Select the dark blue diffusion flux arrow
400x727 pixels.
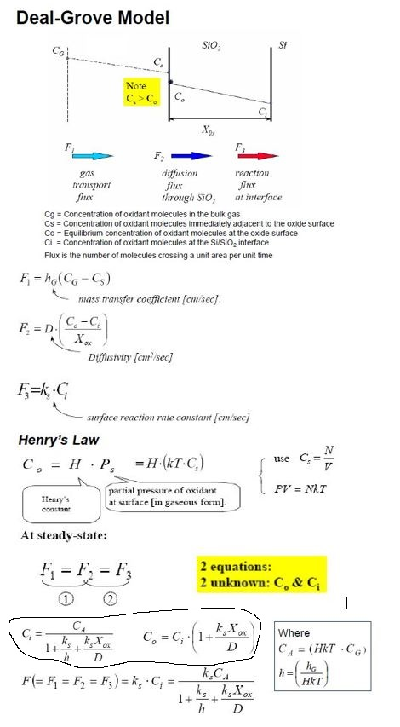click(x=184, y=156)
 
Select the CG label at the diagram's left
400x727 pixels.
click(x=59, y=51)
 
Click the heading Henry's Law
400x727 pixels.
click(x=60, y=440)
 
